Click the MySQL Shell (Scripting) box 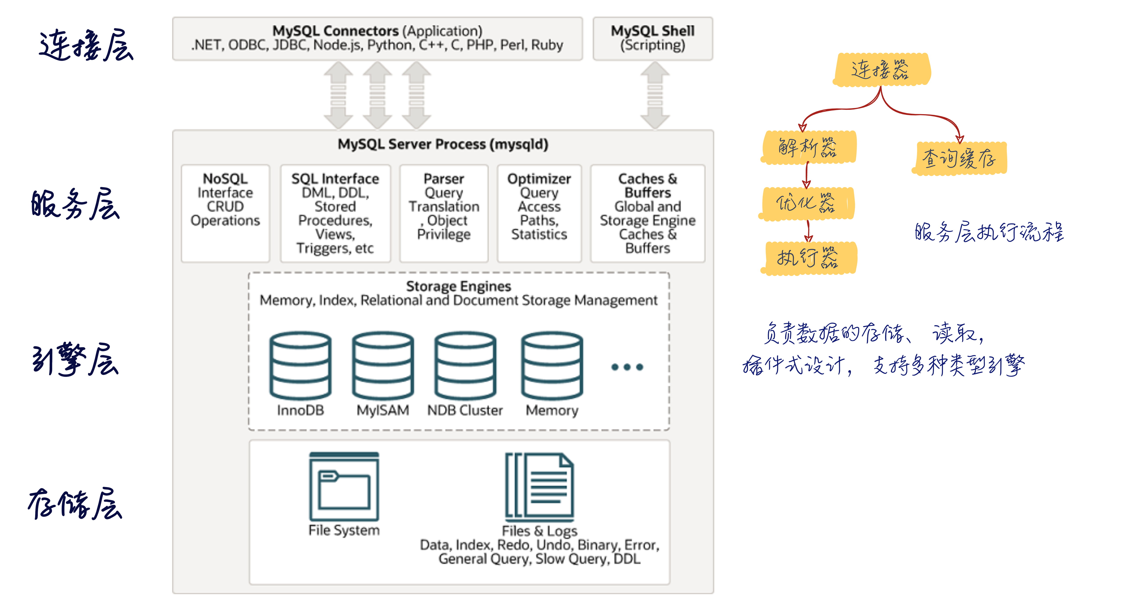(x=653, y=38)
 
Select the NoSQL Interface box (x=225, y=213)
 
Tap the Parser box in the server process (x=444, y=213)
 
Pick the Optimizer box (x=539, y=213)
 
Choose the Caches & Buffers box (x=647, y=213)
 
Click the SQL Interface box (x=335, y=213)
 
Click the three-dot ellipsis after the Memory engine (x=627, y=367)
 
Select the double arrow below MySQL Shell (x=655, y=95)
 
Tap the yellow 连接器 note (x=882, y=70)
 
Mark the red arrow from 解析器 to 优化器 (x=806, y=175)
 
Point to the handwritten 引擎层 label (x=75, y=359)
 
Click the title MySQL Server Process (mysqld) (x=443, y=144)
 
